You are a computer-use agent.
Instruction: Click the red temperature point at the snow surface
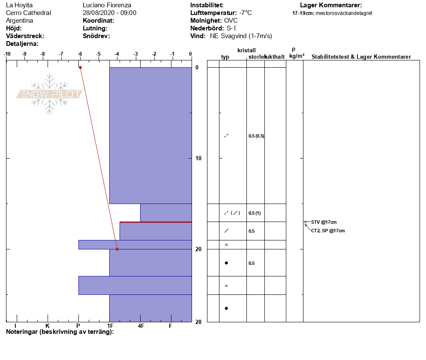pos(81,67)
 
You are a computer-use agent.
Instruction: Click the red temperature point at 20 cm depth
pos(117,249)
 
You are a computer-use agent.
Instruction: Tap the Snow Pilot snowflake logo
pos(49,94)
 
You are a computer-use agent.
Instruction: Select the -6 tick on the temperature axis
pos(80,54)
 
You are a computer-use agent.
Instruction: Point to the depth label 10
pos(198,158)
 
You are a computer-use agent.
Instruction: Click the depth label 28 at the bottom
pos(198,322)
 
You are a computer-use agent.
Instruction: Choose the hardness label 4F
pos(141,326)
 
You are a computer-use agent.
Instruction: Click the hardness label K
pos(48,326)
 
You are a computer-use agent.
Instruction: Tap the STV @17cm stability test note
pos(324,222)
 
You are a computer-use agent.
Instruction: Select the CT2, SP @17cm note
pos(328,231)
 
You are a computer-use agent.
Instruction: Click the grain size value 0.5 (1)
pos(255,213)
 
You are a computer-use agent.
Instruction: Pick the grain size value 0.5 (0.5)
pos(256,136)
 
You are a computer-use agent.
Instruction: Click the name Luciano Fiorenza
pos(107,5)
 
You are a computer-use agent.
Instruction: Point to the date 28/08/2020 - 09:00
pos(109,13)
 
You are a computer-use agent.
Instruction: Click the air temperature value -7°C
pos(246,13)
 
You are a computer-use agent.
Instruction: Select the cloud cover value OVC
pos(231,21)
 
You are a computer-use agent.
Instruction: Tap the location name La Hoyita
pos(19,5)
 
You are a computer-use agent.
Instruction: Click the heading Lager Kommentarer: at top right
pos(331,5)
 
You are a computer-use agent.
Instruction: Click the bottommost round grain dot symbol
pos(226,309)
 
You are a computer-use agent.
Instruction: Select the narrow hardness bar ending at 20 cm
pos(135,245)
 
